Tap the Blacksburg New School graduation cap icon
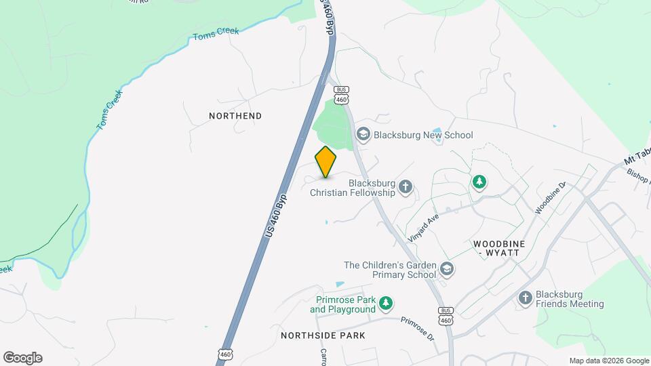point(363,135)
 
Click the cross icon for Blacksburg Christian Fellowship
point(406,186)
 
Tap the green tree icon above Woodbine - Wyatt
point(479,182)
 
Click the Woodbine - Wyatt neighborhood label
point(496,247)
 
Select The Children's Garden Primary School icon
point(446,269)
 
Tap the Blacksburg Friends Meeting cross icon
point(526,298)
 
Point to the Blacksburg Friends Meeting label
point(570,299)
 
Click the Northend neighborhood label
point(235,116)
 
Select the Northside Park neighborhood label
point(323,335)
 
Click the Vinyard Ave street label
point(424,227)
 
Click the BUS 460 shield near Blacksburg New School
point(341,95)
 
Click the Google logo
point(22,358)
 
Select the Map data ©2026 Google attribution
point(609,361)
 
